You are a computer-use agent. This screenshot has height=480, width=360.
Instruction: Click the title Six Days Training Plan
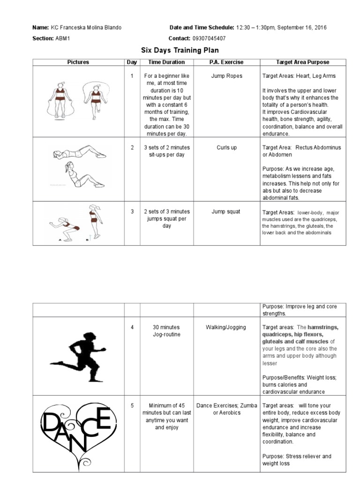[x=180, y=50]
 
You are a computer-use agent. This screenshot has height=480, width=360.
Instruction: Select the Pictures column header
[x=78, y=62]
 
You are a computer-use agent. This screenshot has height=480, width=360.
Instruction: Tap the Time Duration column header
[x=166, y=62]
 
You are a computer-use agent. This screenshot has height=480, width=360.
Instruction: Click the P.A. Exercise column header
[x=226, y=62]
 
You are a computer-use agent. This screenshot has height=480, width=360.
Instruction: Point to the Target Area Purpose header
[x=302, y=62]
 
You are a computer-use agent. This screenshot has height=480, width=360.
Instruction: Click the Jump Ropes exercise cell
[x=226, y=76]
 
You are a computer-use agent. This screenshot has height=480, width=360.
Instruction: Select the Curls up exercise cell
[x=226, y=148]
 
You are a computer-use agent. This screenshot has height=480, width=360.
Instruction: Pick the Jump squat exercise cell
[x=226, y=211]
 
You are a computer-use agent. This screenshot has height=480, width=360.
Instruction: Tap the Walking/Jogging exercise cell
[x=226, y=327]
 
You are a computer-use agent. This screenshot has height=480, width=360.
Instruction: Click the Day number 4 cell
[x=132, y=327]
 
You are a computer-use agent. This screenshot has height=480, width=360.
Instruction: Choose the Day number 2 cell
[x=132, y=148]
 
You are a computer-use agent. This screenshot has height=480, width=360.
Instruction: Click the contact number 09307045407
[x=209, y=38]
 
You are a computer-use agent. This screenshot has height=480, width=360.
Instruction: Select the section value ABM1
[x=63, y=38]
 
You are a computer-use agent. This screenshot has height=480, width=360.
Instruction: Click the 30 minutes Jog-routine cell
[x=166, y=331]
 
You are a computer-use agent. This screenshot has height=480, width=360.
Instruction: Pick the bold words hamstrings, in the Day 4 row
[x=323, y=327]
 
